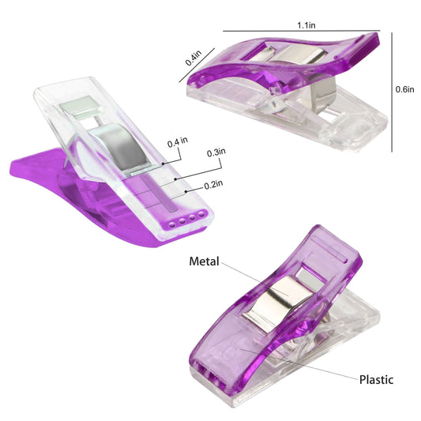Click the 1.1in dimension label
click(306, 25)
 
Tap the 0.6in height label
click(405, 89)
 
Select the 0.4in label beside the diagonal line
click(194, 58)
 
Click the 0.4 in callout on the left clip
click(178, 142)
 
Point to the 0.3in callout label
click(216, 152)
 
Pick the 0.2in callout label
click(213, 185)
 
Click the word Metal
click(204, 261)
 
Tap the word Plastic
click(377, 380)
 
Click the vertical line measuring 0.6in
click(392, 92)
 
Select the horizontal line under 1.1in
click(302, 31)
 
